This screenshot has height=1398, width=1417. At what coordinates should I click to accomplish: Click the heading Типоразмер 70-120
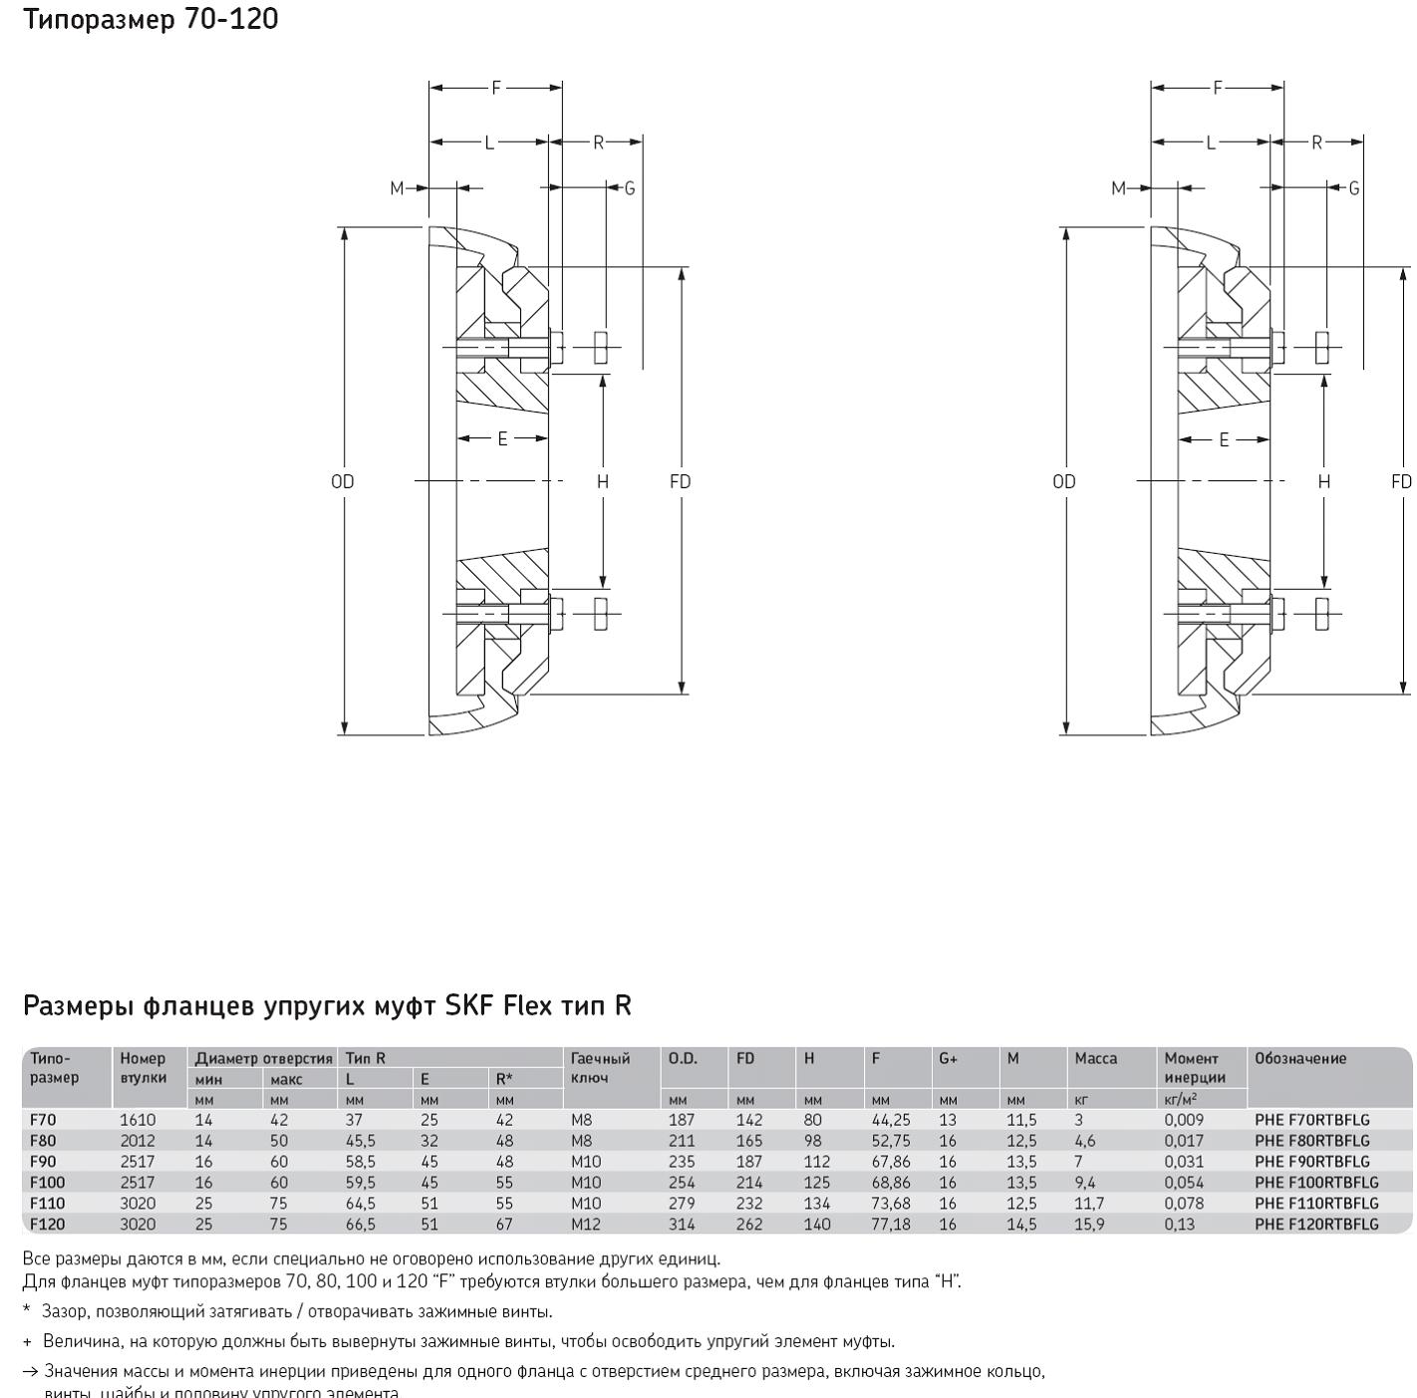pos(150,19)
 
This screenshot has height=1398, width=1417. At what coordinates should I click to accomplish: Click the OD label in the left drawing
pos(343,481)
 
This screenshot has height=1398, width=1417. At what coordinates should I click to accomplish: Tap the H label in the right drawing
pos(1324,481)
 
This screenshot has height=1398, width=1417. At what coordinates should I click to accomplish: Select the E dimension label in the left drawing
pos(503,438)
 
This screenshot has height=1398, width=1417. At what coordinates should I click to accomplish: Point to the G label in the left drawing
pos(630,188)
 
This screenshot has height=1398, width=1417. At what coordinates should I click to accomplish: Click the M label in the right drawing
pos(1118,188)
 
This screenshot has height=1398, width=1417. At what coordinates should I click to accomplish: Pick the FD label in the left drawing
pos(681,481)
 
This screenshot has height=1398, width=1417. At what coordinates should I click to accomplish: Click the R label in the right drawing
pos(1316,142)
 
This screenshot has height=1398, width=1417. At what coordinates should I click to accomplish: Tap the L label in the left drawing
pos(489,142)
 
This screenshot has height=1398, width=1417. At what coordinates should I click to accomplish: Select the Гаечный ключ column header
pos(600,1067)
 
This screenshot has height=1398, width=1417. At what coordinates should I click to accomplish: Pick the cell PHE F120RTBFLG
pos(1316,1224)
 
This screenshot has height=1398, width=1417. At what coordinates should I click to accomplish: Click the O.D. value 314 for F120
pos(682,1224)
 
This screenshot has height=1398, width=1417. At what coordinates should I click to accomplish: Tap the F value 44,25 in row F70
pos(891,1119)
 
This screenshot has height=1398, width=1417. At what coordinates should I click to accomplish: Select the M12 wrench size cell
pos(586,1224)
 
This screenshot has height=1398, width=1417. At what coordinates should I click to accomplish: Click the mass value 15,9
pos(1089,1224)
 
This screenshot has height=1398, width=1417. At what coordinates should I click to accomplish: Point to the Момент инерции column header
pos(1194,1067)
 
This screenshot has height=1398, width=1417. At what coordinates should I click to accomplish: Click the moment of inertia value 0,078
pos(1184,1203)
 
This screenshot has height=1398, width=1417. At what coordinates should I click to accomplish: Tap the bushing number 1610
pos(138,1119)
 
